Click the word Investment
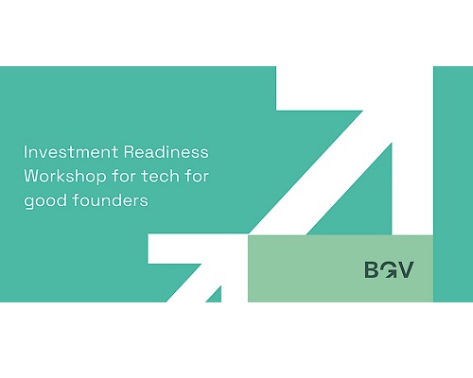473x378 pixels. click(x=71, y=152)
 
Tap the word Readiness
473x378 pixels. click(x=166, y=152)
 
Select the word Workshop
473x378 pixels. click(x=65, y=176)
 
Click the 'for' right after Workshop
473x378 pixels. click(x=124, y=176)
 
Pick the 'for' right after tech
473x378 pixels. click(x=197, y=176)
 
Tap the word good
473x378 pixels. click(x=45, y=201)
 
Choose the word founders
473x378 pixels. click(x=110, y=200)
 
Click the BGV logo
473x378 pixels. click(x=389, y=269)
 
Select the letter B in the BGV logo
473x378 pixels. click(x=372, y=269)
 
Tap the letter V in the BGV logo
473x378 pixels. click(x=406, y=269)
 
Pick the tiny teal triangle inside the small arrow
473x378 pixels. click(x=216, y=296)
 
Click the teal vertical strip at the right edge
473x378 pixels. click(x=453, y=184)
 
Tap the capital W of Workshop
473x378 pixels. click(x=32, y=176)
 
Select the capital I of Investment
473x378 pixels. click(x=26, y=152)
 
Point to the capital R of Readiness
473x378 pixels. click(x=130, y=152)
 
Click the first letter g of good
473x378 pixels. click(x=28, y=202)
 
